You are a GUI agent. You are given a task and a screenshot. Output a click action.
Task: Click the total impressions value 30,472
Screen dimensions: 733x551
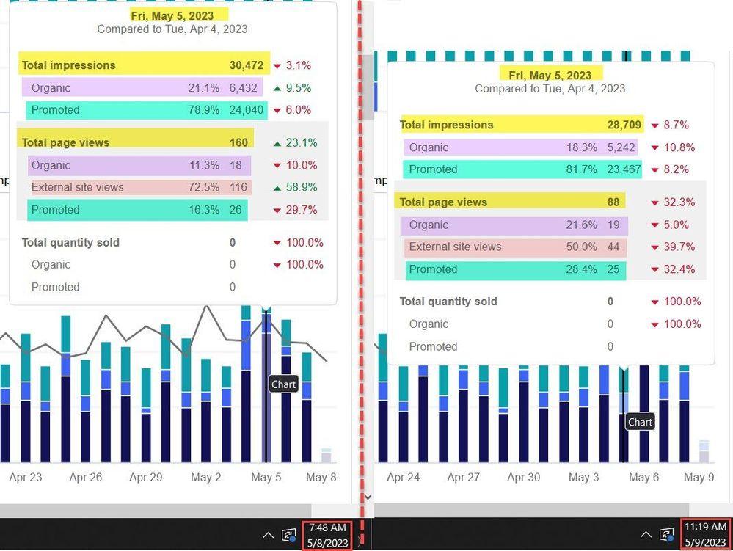[x=247, y=65]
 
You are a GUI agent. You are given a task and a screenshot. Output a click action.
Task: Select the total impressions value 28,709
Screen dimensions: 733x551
[x=624, y=125]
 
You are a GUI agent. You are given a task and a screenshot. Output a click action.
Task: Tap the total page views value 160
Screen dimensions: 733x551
[x=238, y=142]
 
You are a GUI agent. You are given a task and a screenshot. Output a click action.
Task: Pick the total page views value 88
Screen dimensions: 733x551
[x=613, y=202]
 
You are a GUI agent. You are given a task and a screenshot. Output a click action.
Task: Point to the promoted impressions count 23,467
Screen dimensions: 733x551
[x=624, y=169]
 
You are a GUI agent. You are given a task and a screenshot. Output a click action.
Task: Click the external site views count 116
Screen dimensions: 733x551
[x=238, y=187]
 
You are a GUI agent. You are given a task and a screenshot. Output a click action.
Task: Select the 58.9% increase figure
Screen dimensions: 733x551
[x=302, y=187]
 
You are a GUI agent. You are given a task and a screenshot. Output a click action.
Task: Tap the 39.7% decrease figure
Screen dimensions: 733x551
[x=679, y=247]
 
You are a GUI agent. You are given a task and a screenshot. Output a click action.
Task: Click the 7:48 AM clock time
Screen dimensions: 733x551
[x=327, y=528]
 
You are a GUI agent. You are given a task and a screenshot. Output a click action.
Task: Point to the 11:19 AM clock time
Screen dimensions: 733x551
[x=705, y=528]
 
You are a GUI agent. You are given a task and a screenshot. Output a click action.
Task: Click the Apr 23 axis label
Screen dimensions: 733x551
[x=25, y=477]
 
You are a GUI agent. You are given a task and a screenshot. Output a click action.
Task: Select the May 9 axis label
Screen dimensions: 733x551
[x=699, y=477]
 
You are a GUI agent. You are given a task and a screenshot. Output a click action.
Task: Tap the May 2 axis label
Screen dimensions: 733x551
[x=205, y=477]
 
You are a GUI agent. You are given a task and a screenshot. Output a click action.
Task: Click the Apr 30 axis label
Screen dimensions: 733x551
[x=524, y=477]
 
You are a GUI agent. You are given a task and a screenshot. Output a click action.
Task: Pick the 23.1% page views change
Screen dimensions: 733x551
[x=302, y=142]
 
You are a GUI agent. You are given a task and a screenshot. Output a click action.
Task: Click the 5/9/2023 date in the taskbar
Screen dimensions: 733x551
[x=705, y=543]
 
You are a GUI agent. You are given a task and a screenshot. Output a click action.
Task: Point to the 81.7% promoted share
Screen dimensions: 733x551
[x=582, y=169]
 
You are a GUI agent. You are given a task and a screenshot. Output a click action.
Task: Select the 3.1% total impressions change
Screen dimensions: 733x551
[x=298, y=65]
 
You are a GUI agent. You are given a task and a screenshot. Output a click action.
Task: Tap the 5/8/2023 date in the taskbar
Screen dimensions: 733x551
[x=328, y=543]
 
